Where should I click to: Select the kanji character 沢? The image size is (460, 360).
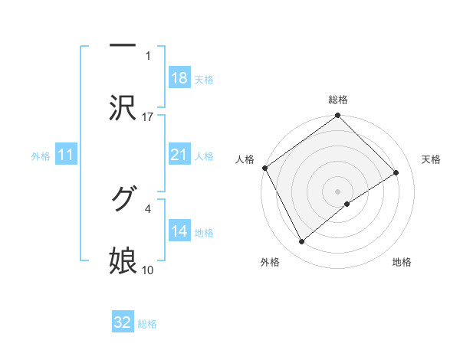pos(123,108)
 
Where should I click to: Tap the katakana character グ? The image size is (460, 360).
pos(123,199)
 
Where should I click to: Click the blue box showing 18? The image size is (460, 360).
pos(179,78)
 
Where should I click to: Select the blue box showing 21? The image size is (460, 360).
pos(179,155)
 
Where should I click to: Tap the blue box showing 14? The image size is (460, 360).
pos(179,231)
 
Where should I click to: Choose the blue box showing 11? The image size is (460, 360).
pos(66,155)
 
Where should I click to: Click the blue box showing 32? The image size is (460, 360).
pos(123,322)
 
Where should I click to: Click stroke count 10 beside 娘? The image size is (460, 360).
pos(148,270)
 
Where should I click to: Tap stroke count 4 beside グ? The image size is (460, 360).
pos(148,208)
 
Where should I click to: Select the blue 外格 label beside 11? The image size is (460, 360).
pos(41,156)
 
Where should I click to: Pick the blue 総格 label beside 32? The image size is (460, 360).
pos(147,323)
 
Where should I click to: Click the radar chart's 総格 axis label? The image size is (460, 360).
pos(338,100)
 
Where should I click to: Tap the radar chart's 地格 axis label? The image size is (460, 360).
pos(402,262)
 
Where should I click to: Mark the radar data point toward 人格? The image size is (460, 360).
pos(265,168)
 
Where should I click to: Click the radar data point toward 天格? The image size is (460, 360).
pos(396,172)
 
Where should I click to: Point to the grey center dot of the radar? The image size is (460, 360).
pos(338,191)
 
